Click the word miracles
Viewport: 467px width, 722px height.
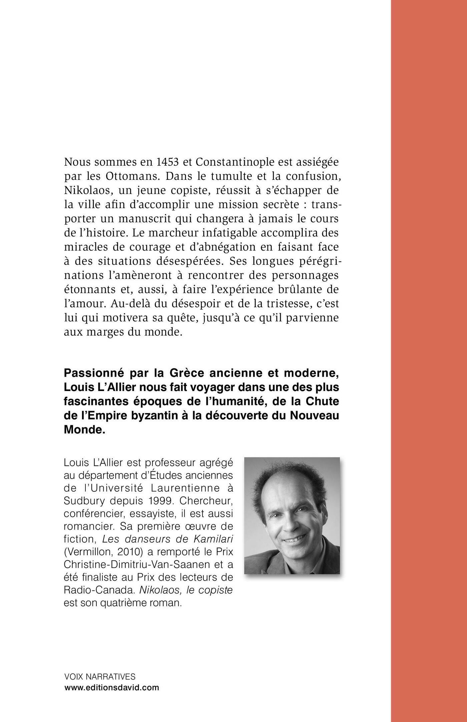[86, 247]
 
